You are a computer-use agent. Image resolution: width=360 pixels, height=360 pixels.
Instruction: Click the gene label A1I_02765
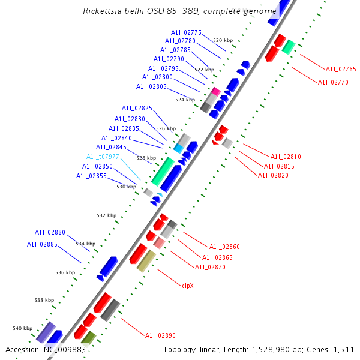[x=341, y=70]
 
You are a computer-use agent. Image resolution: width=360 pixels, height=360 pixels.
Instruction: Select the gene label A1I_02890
[x=160, y=335]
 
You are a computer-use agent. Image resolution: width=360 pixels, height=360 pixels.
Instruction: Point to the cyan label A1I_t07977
[x=103, y=157]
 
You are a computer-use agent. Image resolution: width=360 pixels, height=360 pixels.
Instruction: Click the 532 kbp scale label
[x=107, y=215]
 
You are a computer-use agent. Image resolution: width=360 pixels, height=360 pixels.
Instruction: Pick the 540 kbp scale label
[x=22, y=328]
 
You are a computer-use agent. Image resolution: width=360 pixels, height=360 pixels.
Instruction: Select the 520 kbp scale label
[x=223, y=40]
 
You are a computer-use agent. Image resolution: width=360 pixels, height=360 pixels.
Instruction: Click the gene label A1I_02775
[x=186, y=32]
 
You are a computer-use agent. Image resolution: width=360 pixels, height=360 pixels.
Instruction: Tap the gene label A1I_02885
[x=42, y=244]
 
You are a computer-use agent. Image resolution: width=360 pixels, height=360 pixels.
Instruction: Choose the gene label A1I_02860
[x=224, y=247]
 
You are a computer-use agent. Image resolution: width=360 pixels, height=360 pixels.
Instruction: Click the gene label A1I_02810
[x=286, y=157]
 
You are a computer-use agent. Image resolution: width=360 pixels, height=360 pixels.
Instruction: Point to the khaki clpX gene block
[x=146, y=261]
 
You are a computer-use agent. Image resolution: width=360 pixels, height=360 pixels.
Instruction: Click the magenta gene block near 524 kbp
[x=214, y=91]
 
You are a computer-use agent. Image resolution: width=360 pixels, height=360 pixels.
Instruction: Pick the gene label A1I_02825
[x=137, y=109]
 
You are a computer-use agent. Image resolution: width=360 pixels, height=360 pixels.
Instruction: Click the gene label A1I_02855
[x=91, y=176]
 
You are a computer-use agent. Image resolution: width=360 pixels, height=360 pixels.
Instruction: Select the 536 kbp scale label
[x=65, y=272]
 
